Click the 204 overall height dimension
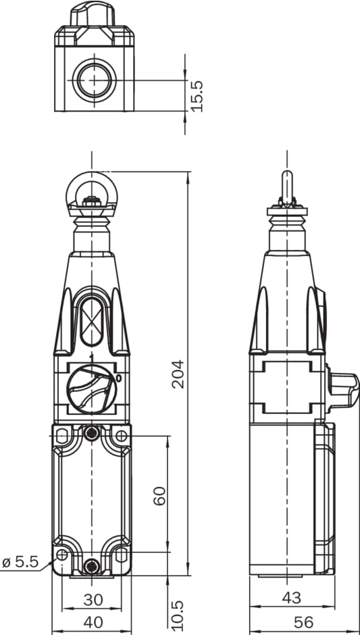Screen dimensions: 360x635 178,374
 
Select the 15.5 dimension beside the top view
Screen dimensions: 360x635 197,97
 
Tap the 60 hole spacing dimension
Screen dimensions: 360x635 159,495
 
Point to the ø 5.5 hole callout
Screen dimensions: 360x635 20,561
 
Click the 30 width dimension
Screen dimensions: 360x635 93,600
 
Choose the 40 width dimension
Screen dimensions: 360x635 93,622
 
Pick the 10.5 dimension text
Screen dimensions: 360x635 178,615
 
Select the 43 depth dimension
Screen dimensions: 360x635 292,598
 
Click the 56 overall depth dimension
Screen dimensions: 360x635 303,622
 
